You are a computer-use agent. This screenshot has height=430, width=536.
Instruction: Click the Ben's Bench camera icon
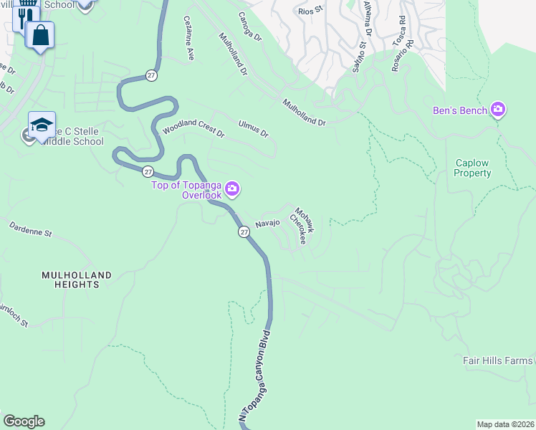(498, 110)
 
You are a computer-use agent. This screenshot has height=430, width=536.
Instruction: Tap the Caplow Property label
(473, 168)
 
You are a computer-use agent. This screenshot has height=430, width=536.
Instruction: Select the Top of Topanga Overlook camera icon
(232, 189)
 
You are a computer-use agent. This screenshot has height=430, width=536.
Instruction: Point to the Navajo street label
(267, 224)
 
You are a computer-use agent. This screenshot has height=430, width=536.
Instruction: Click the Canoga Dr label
(251, 26)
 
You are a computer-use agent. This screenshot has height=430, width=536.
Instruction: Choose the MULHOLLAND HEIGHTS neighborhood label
(77, 279)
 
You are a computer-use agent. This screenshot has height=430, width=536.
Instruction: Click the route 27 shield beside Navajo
(244, 231)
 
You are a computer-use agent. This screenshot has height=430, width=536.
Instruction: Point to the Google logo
(24, 421)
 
